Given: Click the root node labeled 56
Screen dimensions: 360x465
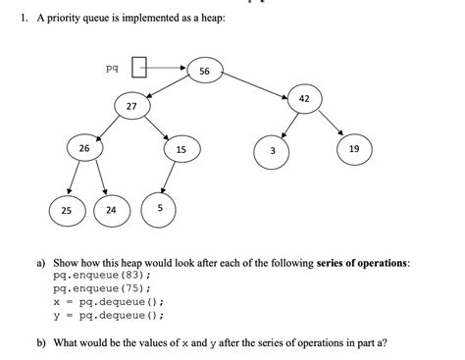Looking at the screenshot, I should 204,72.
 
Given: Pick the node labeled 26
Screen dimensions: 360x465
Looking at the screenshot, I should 84,149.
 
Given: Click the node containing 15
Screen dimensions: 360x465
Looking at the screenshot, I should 181,149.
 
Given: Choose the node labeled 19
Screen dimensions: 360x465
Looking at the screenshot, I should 353,149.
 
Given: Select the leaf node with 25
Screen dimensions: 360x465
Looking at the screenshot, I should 66,210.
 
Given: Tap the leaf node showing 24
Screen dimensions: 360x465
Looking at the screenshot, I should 111,210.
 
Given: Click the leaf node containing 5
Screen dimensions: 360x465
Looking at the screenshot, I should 159,208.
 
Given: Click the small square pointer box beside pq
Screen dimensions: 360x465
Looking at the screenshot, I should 138,69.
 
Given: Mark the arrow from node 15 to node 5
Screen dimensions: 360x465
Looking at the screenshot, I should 170,178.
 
